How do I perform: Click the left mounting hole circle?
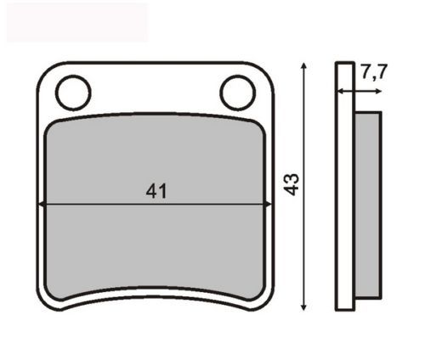(73, 76)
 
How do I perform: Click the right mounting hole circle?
(237, 76)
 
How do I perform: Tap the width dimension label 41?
(156, 191)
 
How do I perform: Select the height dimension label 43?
(292, 184)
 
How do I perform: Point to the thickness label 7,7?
(374, 72)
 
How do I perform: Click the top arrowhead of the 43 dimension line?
(303, 65)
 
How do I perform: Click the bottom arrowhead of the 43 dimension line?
(303, 307)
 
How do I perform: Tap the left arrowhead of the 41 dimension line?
(41, 204)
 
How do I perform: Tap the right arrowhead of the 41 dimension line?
(268, 204)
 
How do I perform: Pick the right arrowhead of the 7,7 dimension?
(378, 91)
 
